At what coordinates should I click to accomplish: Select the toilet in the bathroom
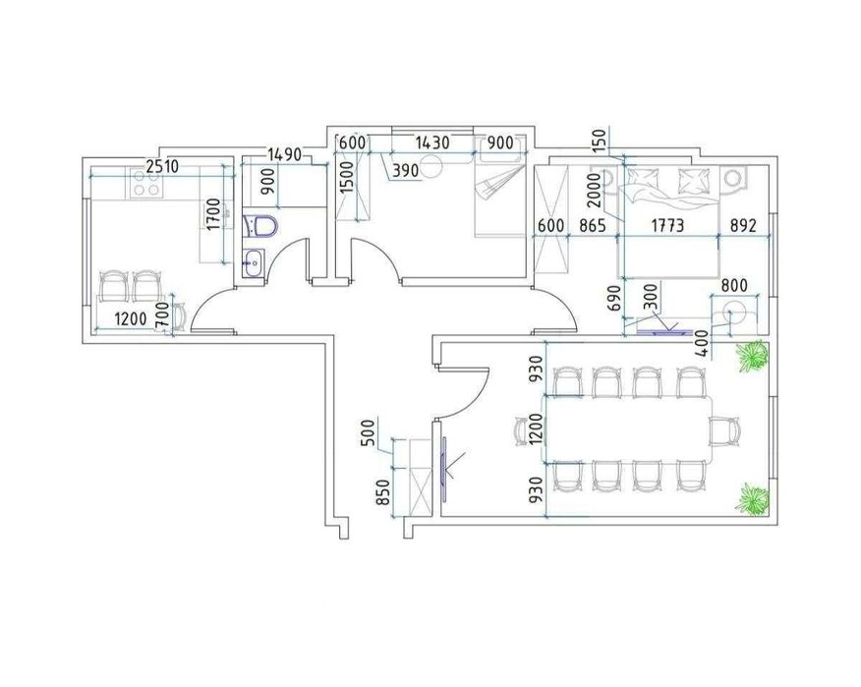coord(260,226)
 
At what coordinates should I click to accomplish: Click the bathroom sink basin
coord(254,262)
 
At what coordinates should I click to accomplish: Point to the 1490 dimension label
coord(285,154)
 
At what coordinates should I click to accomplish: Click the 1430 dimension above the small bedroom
coord(432,143)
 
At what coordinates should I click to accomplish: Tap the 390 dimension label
coord(405,171)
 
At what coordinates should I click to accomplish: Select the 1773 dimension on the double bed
coord(667,225)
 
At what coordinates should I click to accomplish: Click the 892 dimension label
coord(743,225)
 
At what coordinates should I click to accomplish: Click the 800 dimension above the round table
coord(734,286)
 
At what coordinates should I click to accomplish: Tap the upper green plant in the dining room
coord(752,356)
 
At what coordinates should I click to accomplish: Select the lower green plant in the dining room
coord(753,499)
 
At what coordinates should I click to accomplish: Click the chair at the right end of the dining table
coord(724,431)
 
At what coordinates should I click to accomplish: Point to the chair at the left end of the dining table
coord(522,431)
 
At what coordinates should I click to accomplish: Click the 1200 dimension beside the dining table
coord(536,429)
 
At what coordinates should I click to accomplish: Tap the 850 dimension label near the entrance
coord(382,492)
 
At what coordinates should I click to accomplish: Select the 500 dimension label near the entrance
coord(369,432)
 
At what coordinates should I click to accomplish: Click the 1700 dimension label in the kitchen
coord(213,214)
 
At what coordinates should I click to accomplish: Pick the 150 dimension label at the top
coord(600,142)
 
